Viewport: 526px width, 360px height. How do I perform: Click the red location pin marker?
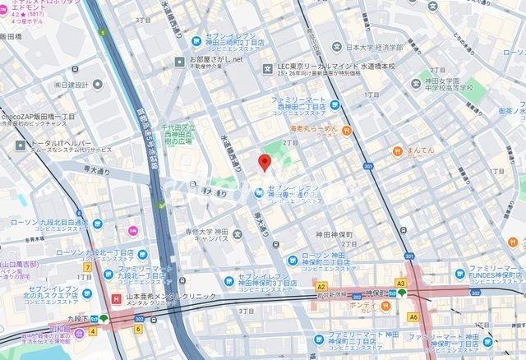pyautogui.click(x=265, y=162)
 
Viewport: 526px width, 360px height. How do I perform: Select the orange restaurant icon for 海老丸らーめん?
pyautogui.click(x=348, y=130)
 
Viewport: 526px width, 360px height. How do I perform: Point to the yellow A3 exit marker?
pyautogui.click(x=401, y=283)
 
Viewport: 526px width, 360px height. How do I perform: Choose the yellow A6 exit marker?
pyautogui.click(x=413, y=316)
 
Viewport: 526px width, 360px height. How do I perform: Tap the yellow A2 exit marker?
pyautogui.click(x=321, y=285)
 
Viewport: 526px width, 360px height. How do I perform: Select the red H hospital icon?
pyautogui.click(x=113, y=298)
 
